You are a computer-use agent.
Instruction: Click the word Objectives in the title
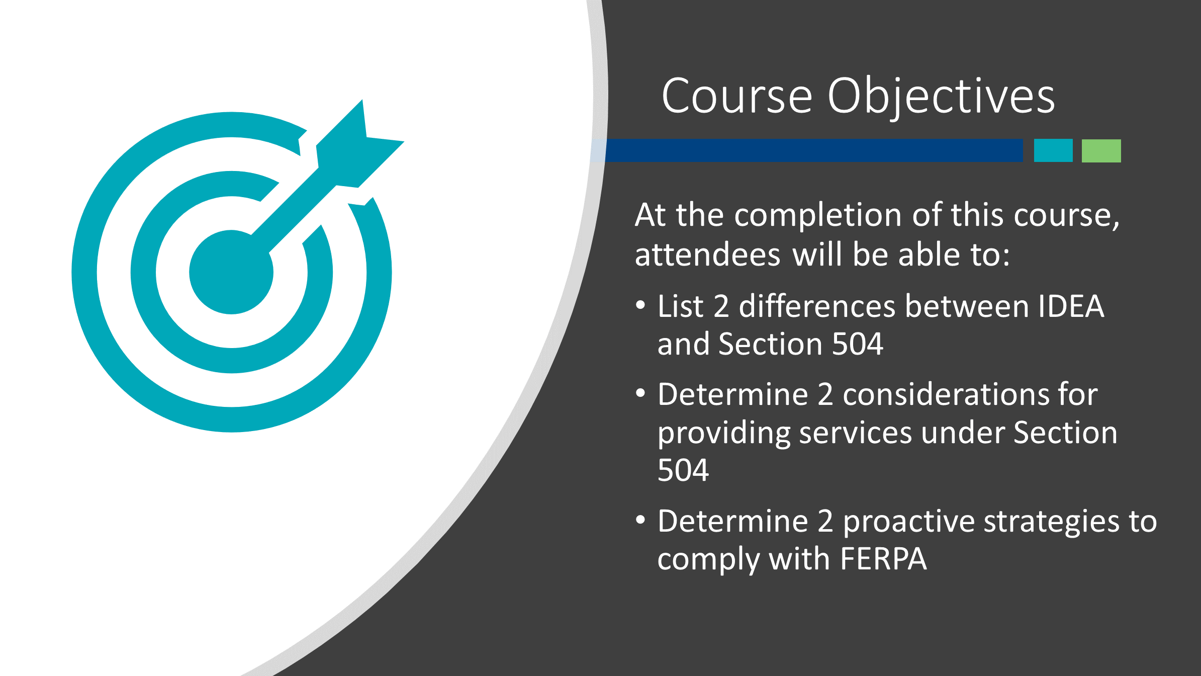click(941, 97)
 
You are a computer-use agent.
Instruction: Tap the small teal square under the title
click(1053, 150)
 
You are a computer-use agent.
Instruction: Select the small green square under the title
click(1101, 150)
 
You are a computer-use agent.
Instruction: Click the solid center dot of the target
click(231, 272)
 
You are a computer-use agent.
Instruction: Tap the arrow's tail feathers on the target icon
click(360, 143)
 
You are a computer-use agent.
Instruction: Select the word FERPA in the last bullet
click(883, 559)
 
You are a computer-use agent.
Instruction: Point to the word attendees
click(707, 255)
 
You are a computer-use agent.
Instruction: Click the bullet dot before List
click(640, 305)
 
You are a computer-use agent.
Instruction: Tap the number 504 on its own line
click(683, 470)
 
